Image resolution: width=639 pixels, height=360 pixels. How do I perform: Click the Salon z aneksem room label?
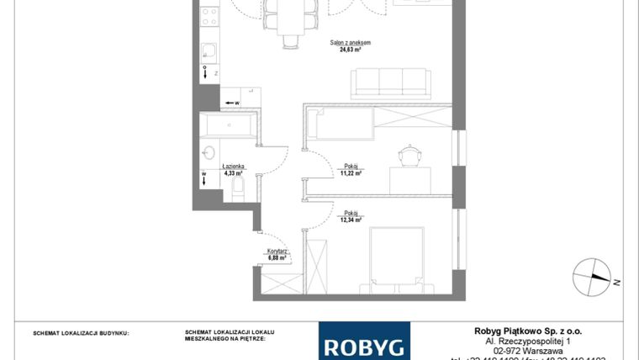pyautogui.click(x=351, y=42)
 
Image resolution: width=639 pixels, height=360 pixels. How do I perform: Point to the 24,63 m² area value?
pyautogui.click(x=351, y=50)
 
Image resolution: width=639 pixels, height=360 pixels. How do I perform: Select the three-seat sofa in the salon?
pyautogui.click(x=390, y=82)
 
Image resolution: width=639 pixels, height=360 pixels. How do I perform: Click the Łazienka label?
pyautogui.click(x=234, y=167)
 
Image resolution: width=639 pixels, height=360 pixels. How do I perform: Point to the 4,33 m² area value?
pyautogui.click(x=234, y=173)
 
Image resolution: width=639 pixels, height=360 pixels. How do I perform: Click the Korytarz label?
pyautogui.click(x=278, y=251)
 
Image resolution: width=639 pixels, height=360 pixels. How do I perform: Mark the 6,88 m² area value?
pyautogui.click(x=278, y=258)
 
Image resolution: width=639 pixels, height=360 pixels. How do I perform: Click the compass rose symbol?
pyautogui.click(x=591, y=275)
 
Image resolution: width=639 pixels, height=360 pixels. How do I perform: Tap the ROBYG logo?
pyautogui.click(x=364, y=344)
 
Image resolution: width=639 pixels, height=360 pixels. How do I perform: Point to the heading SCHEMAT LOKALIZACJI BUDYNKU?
pyautogui.click(x=81, y=333)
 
